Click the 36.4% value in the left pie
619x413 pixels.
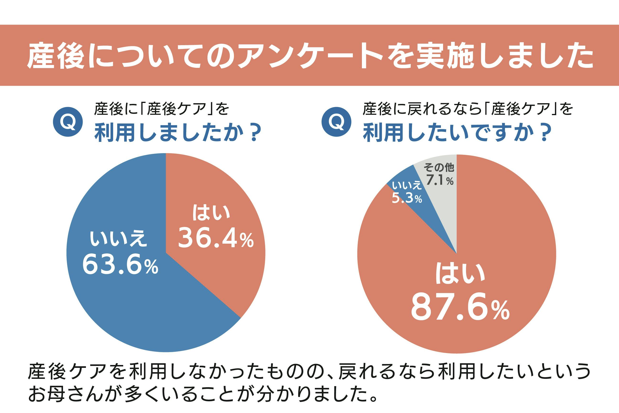click(x=216, y=238)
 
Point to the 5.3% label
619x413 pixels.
click(x=407, y=198)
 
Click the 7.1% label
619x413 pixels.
click(x=440, y=180)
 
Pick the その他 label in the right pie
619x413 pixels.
click(x=439, y=167)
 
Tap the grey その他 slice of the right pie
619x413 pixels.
click(x=445, y=205)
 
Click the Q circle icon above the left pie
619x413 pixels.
click(x=68, y=122)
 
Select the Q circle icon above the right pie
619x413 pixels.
click(x=336, y=122)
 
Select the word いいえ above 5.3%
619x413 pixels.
click(x=407, y=185)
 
